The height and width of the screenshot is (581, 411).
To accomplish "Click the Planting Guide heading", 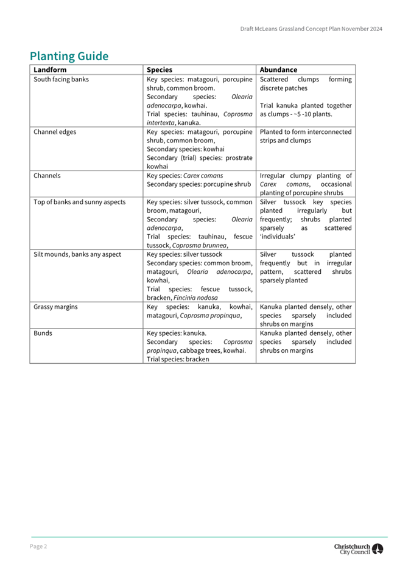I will coord(69,57).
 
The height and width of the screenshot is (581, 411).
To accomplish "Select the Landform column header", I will coord(50,70).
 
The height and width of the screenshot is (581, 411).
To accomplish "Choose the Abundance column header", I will coord(278,70).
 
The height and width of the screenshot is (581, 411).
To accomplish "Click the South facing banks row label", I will coord(61,80).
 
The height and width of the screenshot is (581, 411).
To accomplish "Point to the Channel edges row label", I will coord(55,132).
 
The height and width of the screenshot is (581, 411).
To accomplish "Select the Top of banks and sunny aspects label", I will coord(79,202).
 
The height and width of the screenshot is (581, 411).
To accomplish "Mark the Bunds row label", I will coord(43,333).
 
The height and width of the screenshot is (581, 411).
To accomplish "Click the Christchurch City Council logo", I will coord(359,549).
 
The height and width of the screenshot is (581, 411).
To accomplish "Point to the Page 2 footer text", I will coord(38,546).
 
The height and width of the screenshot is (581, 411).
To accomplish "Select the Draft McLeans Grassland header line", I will coord(311,29).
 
